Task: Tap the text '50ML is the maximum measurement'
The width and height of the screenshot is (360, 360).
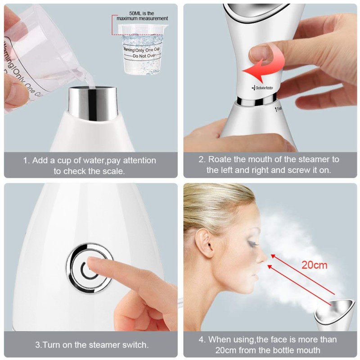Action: (142, 15)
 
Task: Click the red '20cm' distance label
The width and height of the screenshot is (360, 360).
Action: (314, 265)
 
